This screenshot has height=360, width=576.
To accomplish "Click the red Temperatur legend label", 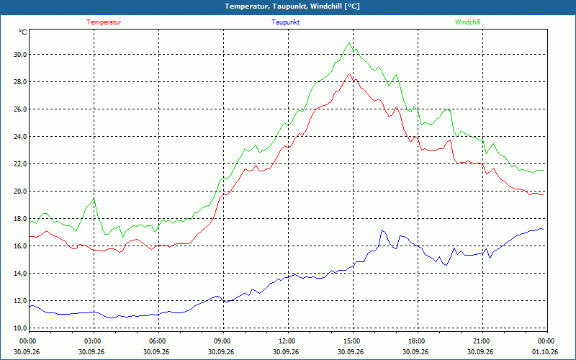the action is coord(104,22).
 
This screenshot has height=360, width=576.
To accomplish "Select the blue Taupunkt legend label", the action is coord(286,22).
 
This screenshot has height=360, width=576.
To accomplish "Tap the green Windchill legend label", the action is coord(467,22).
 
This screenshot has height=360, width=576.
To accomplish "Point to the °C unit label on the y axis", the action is coord(23,32).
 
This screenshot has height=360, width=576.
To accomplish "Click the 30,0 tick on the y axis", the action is coord(20,55).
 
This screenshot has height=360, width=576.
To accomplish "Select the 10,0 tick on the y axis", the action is coord(20,328).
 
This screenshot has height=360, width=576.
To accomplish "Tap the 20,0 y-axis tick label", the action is coord(20,191).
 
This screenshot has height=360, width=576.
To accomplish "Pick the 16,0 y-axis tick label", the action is coord(20,246).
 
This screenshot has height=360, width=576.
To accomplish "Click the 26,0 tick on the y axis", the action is coord(20,109).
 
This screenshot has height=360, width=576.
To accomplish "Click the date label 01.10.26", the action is coord(545,352).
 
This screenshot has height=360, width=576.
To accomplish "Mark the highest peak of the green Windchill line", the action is coord(349,42).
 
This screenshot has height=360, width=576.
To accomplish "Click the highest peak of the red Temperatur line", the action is coord(349,73).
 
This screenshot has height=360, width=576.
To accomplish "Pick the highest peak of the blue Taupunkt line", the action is coord(382,230).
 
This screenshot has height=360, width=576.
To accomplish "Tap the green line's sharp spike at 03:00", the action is coord(94,199).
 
